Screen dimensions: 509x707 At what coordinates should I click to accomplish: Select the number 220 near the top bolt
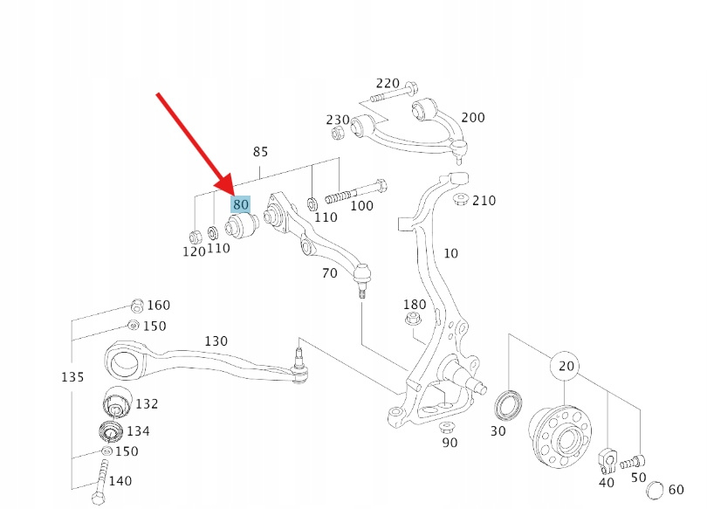(x=388, y=84)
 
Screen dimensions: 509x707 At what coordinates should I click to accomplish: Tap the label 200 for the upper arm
(x=472, y=118)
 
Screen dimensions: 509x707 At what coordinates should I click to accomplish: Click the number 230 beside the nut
(x=338, y=120)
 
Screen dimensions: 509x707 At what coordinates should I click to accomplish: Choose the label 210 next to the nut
(x=484, y=201)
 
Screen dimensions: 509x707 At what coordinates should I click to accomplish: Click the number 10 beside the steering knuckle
(x=450, y=254)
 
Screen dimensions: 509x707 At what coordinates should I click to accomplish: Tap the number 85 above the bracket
(x=260, y=152)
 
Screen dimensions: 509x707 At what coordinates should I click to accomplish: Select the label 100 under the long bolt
(x=361, y=206)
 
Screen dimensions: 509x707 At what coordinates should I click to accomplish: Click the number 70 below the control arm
(x=329, y=273)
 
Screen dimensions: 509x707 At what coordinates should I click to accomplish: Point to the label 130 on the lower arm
(x=216, y=340)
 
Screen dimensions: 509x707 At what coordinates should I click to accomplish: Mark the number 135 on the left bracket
(x=72, y=377)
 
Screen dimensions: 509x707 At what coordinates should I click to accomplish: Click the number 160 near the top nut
(x=158, y=306)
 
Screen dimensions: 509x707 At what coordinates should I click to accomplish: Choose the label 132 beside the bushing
(x=147, y=404)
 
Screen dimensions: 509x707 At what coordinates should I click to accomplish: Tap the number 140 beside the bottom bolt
(x=120, y=481)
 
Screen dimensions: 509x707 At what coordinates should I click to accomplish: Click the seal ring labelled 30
(x=505, y=405)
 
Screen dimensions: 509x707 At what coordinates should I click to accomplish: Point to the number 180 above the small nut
(x=415, y=305)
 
